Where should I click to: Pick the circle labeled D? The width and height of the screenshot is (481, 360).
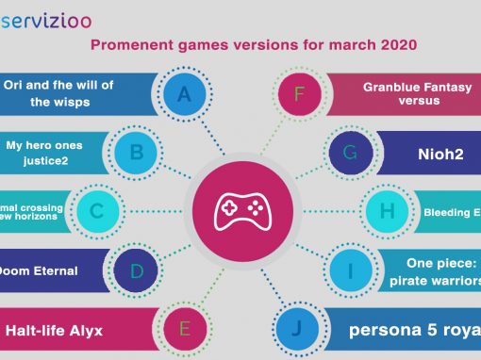[x=137, y=272]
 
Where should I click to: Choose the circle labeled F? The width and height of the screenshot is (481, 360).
[x=299, y=93]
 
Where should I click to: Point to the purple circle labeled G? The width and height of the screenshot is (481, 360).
[x=350, y=151]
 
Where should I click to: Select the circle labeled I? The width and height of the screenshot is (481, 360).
[x=350, y=272]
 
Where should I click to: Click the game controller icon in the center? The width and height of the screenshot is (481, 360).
[x=241, y=211]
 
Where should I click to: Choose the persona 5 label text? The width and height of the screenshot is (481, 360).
[x=415, y=331]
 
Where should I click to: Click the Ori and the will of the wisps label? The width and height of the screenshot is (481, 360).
[x=59, y=92]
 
